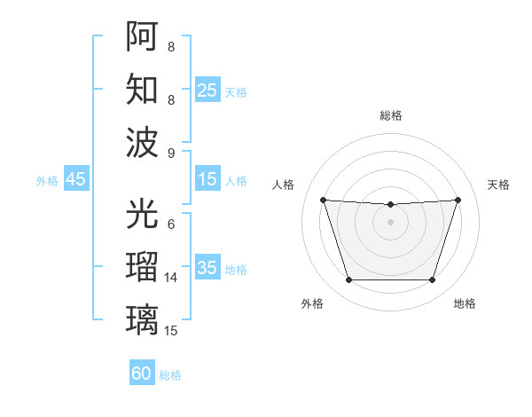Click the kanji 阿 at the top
pyautogui.click(x=142, y=37)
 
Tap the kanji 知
pyautogui.click(x=142, y=90)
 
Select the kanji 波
pyautogui.click(x=142, y=142)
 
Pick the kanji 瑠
pyautogui.click(x=142, y=266)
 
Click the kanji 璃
pyautogui.click(x=142, y=319)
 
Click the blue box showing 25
pyautogui.click(x=207, y=90)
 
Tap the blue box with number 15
pyautogui.click(x=207, y=179)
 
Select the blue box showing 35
pyautogui.click(x=207, y=268)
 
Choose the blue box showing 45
pyautogui.click(x=75, y=179)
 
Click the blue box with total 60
pyautogui.click(x=141, y=374)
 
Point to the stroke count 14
pyautogui.click(x=171, y=278)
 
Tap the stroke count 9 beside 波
pyautogui.click(x=170, y=153)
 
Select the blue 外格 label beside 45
pyautogui.click(x=47, y=181)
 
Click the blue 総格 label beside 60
pyautogui.click(x=170, y=375)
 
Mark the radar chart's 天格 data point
pyautogui.click(x=458, y=200)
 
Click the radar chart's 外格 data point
pyautogui.click(x=348, y=280)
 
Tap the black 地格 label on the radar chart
pyautogui.click(x=465, y=303)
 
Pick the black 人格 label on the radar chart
pyautogui.click(x=284, y=185)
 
